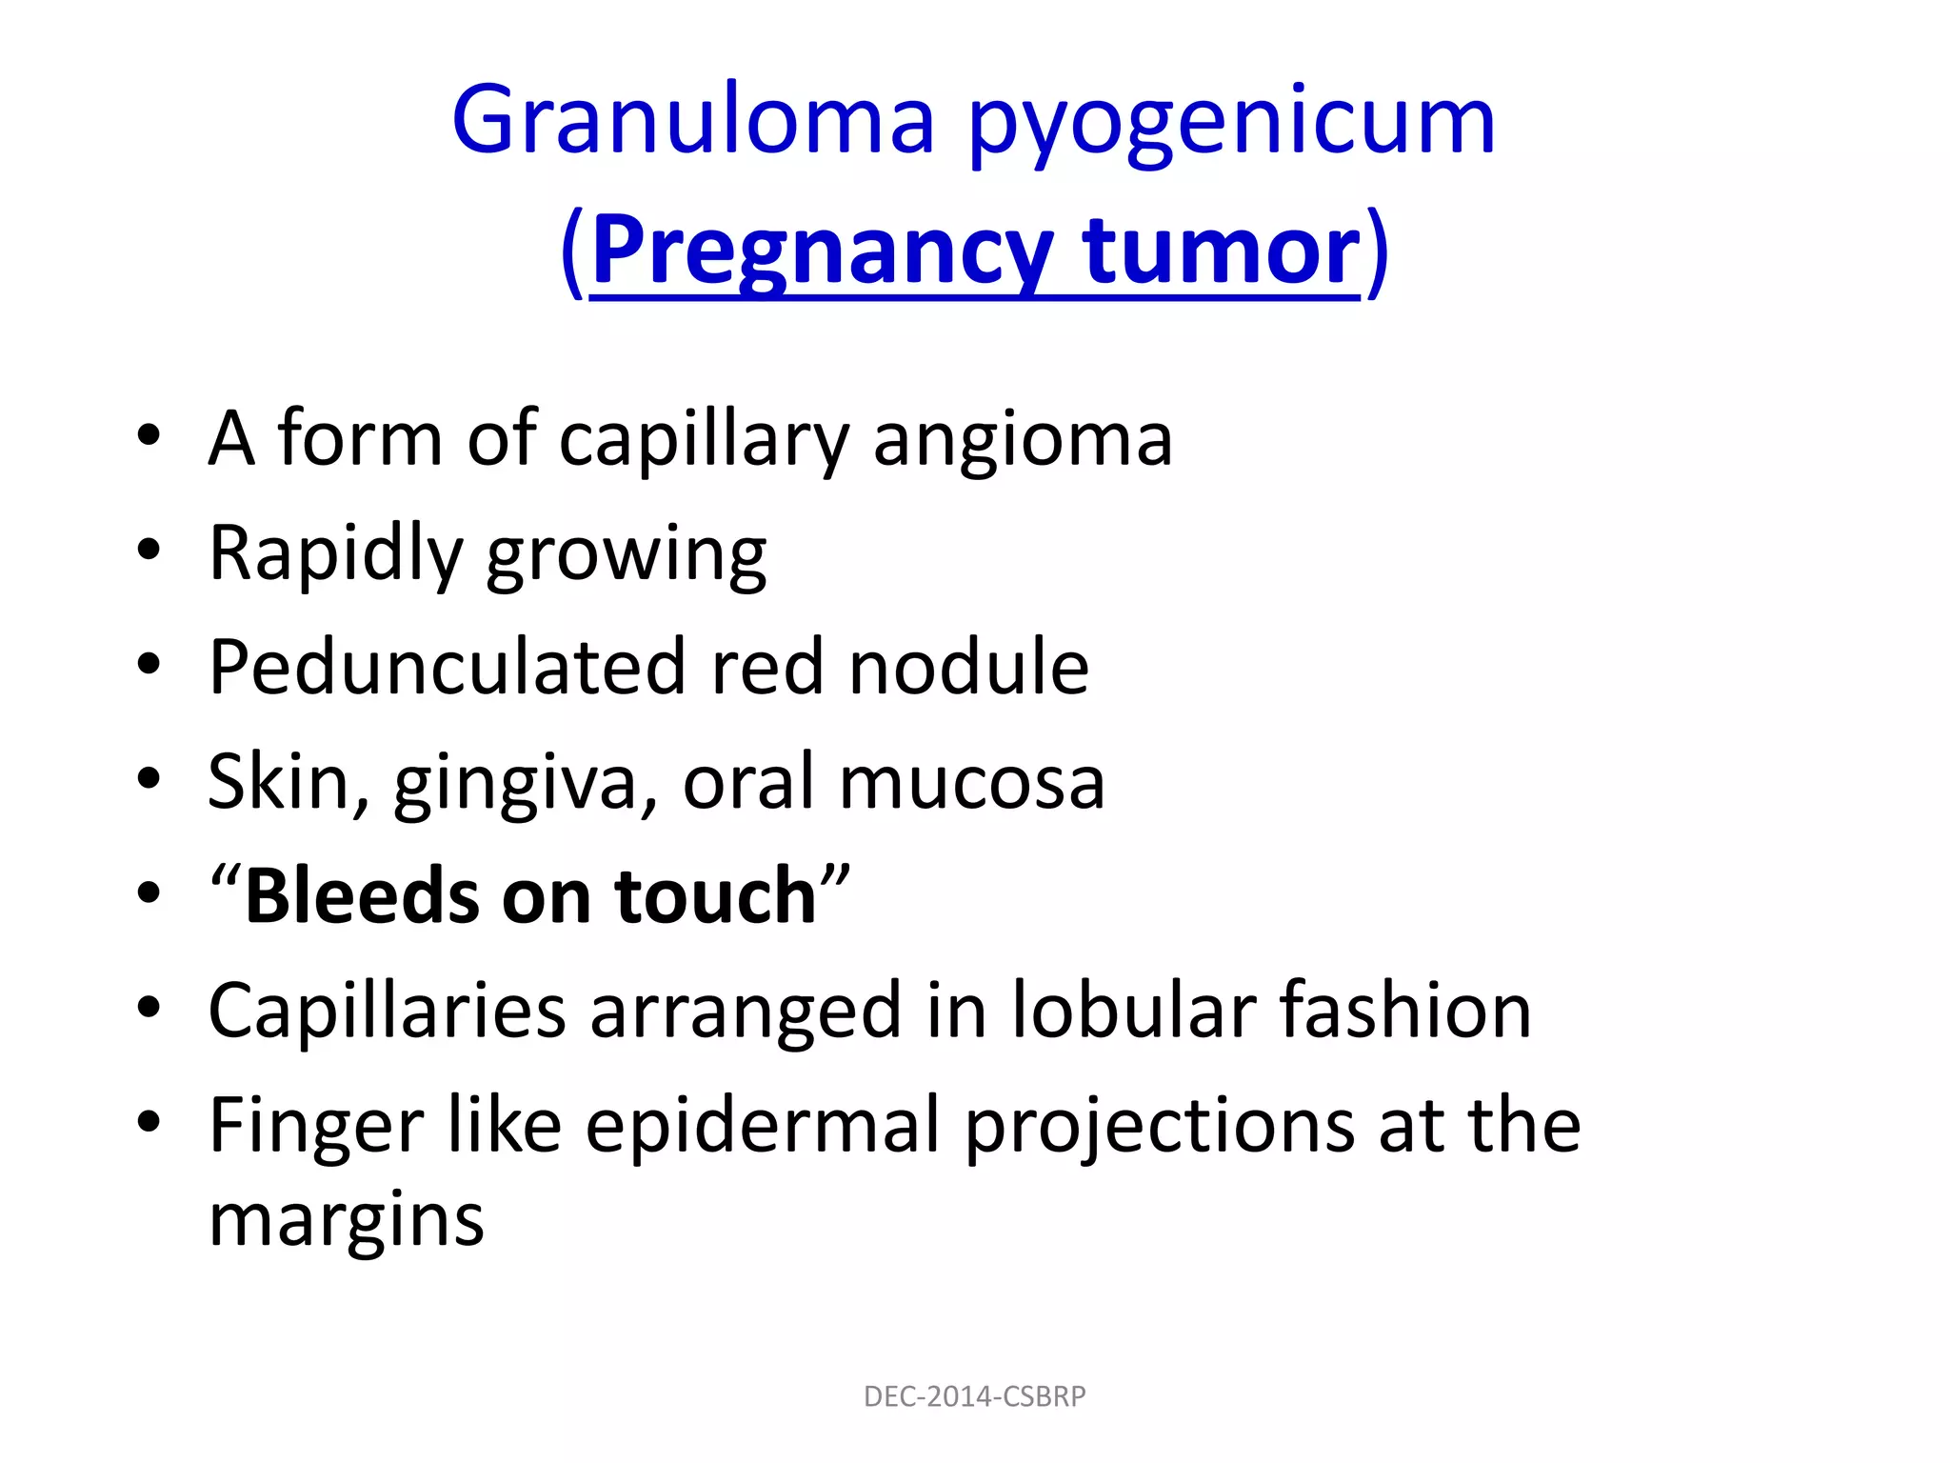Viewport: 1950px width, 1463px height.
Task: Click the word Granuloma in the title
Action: click(x=693, y=121)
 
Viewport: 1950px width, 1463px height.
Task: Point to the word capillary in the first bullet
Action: click(x=703, y=440)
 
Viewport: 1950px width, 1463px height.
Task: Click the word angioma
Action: click(x=1023, y=440)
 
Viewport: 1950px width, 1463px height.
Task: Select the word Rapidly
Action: click(x=335, y=554)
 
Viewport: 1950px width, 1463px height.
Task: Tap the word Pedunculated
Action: click(x=447, y=667)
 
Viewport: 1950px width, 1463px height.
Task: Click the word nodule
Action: click(x=968, y=667)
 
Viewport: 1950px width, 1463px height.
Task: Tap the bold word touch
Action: click(x=716, y=896)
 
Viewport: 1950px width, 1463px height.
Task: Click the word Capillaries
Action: click(x=387, y=1011)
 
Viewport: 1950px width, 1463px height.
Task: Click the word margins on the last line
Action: click(x=347, y=1221)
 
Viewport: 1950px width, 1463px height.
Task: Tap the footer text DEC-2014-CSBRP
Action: click(x=974, y=1396)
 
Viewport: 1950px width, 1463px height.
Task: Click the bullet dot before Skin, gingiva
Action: click(x=149, y=779)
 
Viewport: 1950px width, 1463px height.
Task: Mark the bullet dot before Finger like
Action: click(x=149, y=1122)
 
